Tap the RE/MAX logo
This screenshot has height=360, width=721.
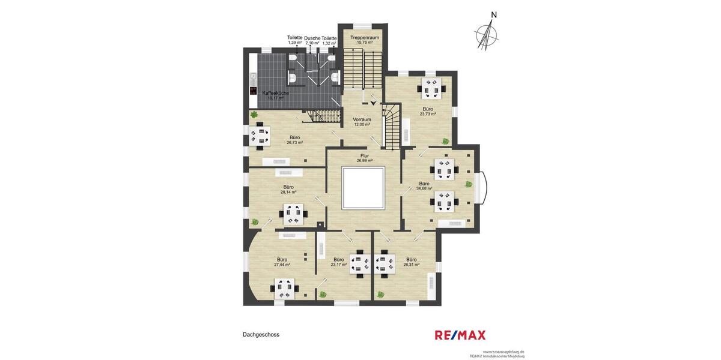coord(460,335)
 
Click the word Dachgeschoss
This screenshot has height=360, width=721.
coord(261,335)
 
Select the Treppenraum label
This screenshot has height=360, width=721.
coord(365,37)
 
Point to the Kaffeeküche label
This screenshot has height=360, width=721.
coord(276,93)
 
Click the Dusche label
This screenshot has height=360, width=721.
coord(312,38)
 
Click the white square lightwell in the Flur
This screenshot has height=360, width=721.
coord(362,188)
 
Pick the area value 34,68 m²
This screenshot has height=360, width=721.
coord(424,188)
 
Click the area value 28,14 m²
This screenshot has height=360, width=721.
coord(288,192)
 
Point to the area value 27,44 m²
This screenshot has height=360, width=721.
coord(282,265)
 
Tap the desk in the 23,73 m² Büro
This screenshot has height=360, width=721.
coord(431,88)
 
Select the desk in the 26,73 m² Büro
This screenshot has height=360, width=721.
coord(260,135)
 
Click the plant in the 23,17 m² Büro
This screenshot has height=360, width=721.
coord(323,294)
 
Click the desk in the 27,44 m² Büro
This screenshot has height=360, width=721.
coord(285,289)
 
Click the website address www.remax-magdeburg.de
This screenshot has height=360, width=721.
coord(503,352)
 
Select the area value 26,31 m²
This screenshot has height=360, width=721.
coord(412,265)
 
